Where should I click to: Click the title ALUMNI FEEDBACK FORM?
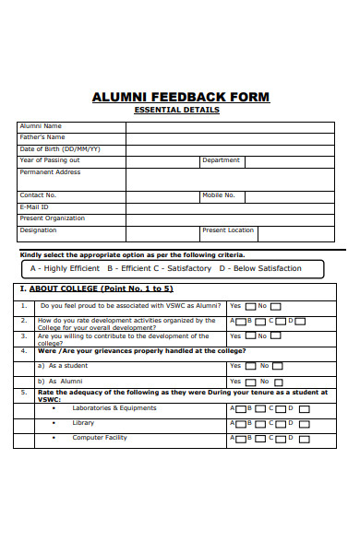pos(181,97)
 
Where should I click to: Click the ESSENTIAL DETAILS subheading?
pos(177,111)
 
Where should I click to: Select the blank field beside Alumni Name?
pos(231,126)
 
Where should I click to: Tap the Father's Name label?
pos(42,137)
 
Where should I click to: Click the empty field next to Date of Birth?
pos(231,148)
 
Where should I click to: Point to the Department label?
pos(222,160)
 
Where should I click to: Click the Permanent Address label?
pos(50,172)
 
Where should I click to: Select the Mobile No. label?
pos(219,195)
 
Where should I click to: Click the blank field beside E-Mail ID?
pos(231,207)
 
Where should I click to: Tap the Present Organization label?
pos(52,218)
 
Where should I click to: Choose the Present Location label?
pos(228,230)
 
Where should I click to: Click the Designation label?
pos(38,230)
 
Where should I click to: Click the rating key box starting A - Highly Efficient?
pos(174,269)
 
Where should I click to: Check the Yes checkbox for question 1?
pos(249,306)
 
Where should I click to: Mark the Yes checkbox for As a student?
pos(249,366)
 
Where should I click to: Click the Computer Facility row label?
pos(100,438)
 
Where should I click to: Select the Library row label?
pos(83,423)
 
